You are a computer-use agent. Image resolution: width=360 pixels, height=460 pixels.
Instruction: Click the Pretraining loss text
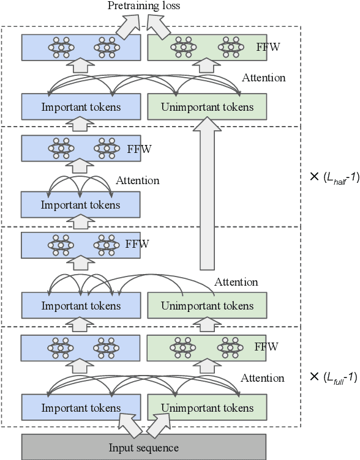[144, 6]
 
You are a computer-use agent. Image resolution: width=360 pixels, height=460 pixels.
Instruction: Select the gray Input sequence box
[144, 447]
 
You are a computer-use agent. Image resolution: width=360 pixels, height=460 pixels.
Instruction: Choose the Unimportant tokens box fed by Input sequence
[207, 407]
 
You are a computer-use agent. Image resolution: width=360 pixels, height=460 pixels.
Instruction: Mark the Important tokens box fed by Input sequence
[81, 407]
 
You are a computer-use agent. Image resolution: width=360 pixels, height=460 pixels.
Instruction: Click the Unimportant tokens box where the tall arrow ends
[207, 107]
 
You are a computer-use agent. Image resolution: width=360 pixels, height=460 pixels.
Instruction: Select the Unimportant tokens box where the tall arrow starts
[207, 305]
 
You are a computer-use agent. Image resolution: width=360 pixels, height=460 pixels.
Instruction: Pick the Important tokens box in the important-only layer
[81, 204]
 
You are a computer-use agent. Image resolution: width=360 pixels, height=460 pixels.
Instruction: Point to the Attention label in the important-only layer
[137, 180]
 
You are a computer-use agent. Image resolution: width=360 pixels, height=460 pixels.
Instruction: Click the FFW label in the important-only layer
[139, 149]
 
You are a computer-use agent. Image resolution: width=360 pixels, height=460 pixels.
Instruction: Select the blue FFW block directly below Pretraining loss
[81, 46]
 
